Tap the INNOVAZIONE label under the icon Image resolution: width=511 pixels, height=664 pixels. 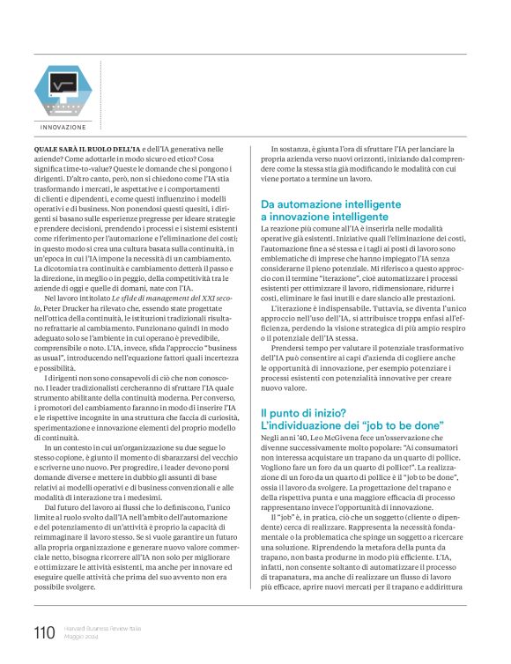(63, 129)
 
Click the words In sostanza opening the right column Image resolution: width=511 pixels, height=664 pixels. (293, 151)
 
